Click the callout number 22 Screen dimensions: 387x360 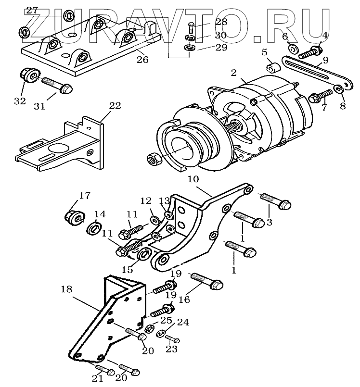[x=115, y=105]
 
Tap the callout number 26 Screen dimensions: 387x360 [x=142, y=60]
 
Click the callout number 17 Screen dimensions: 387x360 [x=84, y=196]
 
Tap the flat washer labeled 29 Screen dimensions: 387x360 [x=189, y=48]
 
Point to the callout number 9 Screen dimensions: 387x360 [x=326, y=60]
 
